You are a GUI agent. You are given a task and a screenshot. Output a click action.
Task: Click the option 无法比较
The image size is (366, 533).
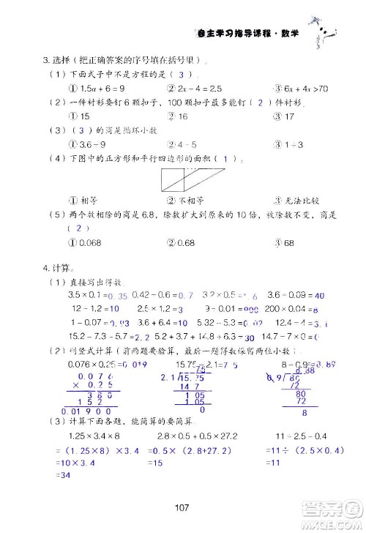pos(299,200)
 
